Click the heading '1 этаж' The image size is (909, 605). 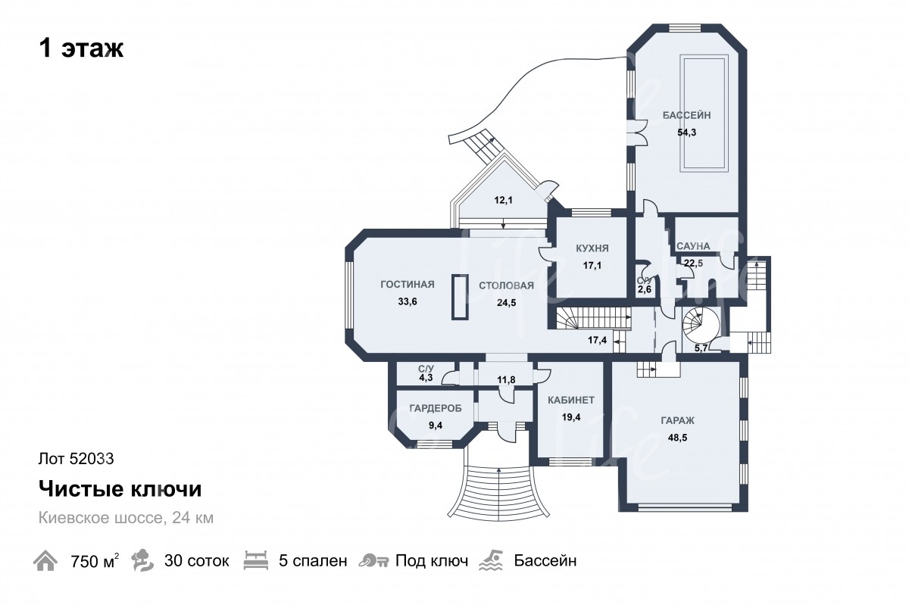pos(81,48)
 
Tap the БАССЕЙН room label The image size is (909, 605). pos(686,115)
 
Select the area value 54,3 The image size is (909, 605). pos(686,133)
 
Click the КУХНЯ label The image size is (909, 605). pos(592,248)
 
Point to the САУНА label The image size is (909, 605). pos(693,246)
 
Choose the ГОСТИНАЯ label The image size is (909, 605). pos(408,285)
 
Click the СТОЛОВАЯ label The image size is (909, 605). pos(507,285)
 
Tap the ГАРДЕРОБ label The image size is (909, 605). pos(436,408)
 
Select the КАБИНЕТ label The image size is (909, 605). pos(571,400)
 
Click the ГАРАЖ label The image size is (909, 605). pos(677,421)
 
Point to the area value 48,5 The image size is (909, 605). pos(677,438)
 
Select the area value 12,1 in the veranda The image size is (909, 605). pos(503,200)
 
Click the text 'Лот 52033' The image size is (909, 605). pos(77,459)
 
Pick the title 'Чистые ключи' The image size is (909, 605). pos(120,489)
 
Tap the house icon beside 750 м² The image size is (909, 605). pos(45,561)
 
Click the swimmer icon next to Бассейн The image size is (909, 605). pos(491,561)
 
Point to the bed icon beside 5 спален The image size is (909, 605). pos(256,561)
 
